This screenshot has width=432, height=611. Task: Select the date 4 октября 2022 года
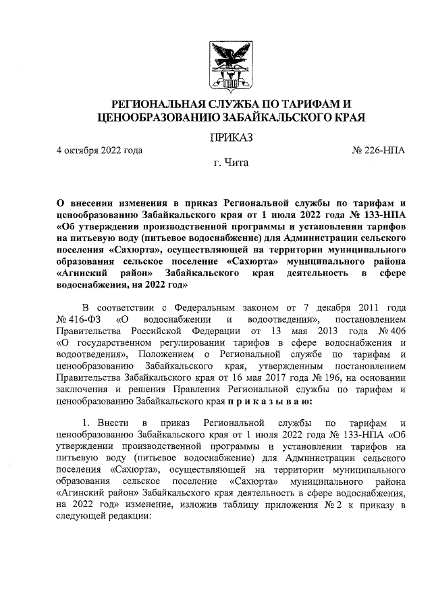[x=99, y=151]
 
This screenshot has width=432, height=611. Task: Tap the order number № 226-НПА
[x=379, y=151]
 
